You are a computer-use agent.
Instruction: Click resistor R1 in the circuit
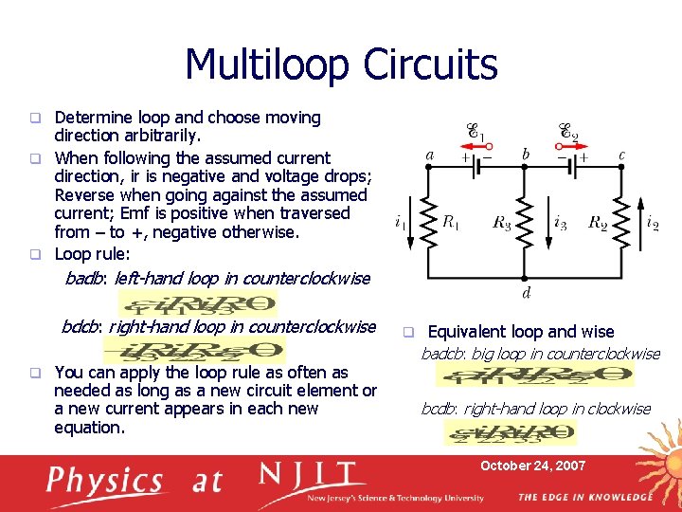[x=427, y=223]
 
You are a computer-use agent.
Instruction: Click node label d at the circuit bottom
[x=526, y=292]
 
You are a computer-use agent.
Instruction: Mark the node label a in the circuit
[x=431, y=155]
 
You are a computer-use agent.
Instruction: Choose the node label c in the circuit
[x=621, y=155]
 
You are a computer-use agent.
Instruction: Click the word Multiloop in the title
[x=269, y=64]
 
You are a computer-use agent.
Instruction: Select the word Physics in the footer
[x=106, y=481]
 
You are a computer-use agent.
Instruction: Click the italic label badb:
[x=85, y=279]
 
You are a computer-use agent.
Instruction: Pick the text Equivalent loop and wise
[x=521, y=332]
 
